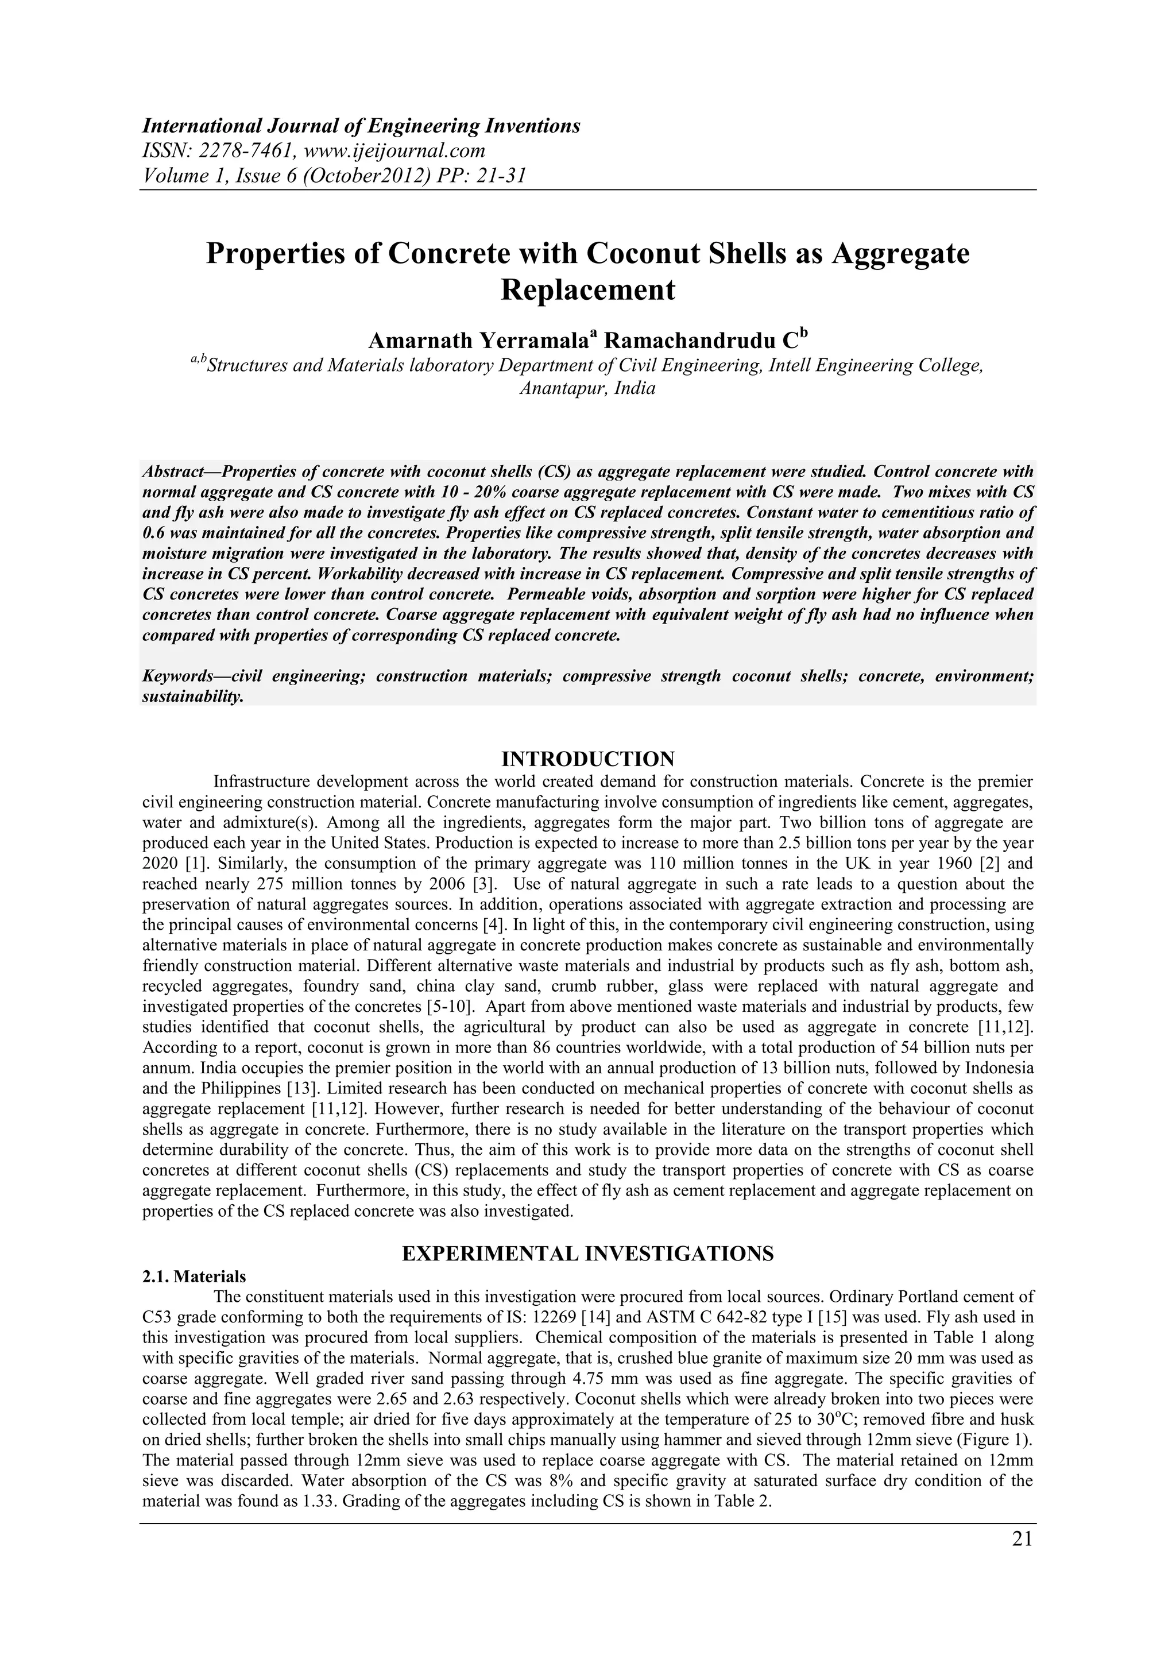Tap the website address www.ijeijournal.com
tap(396, 150)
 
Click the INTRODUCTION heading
tap(588, 759)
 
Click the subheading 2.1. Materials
tap(194, 1276)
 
